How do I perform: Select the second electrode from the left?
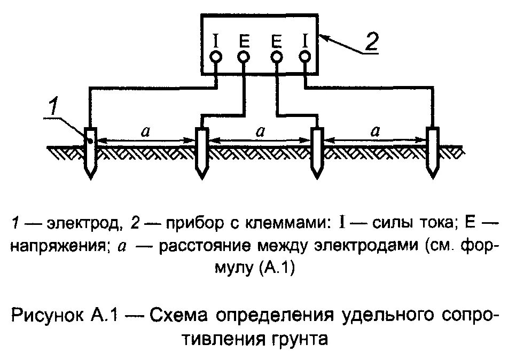coord(201,153)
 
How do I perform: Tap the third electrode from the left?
coord(317,153)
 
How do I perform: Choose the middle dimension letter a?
coord(260,131)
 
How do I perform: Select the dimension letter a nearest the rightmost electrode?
coord(377,131)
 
